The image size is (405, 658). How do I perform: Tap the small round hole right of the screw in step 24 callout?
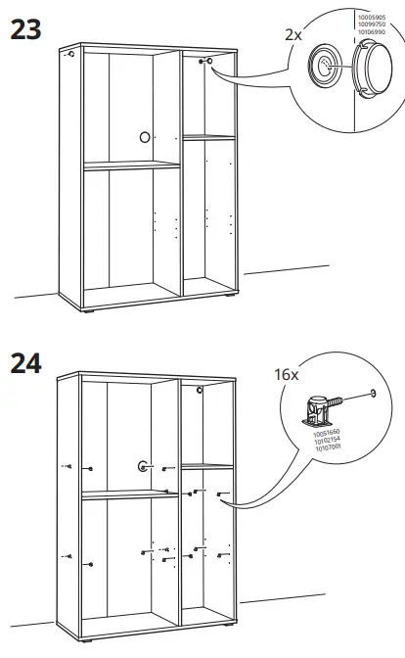point(373,395)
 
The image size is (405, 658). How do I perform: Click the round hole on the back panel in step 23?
point(145,137)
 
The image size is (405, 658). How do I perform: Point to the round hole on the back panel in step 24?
point(143,466)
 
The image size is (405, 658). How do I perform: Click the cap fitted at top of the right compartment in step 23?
point(208,62)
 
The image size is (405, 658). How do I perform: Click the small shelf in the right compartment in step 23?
point(208,137)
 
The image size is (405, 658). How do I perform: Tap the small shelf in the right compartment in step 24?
point(207,465)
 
